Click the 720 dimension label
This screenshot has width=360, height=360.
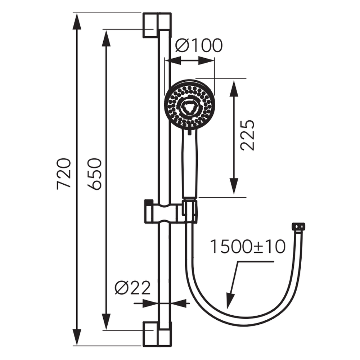pyautogui.click(x=64, y=174)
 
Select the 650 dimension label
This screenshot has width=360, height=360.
pyautogui.click(x=95, y=174)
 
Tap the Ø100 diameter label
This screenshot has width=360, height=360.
pyautogui.click(x=199, y=45)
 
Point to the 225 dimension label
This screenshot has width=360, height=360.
pyautogui.click(x=248, y=135)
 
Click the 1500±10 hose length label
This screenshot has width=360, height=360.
pyautogui.click(x=248, y=247)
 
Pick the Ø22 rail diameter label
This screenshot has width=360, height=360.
pyautogui.click(x=132, y=287)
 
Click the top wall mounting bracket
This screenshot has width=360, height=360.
pyautogui.click(x=157, y=25)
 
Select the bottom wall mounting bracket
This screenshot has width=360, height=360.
pyautogui.click(x=157, y=334)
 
